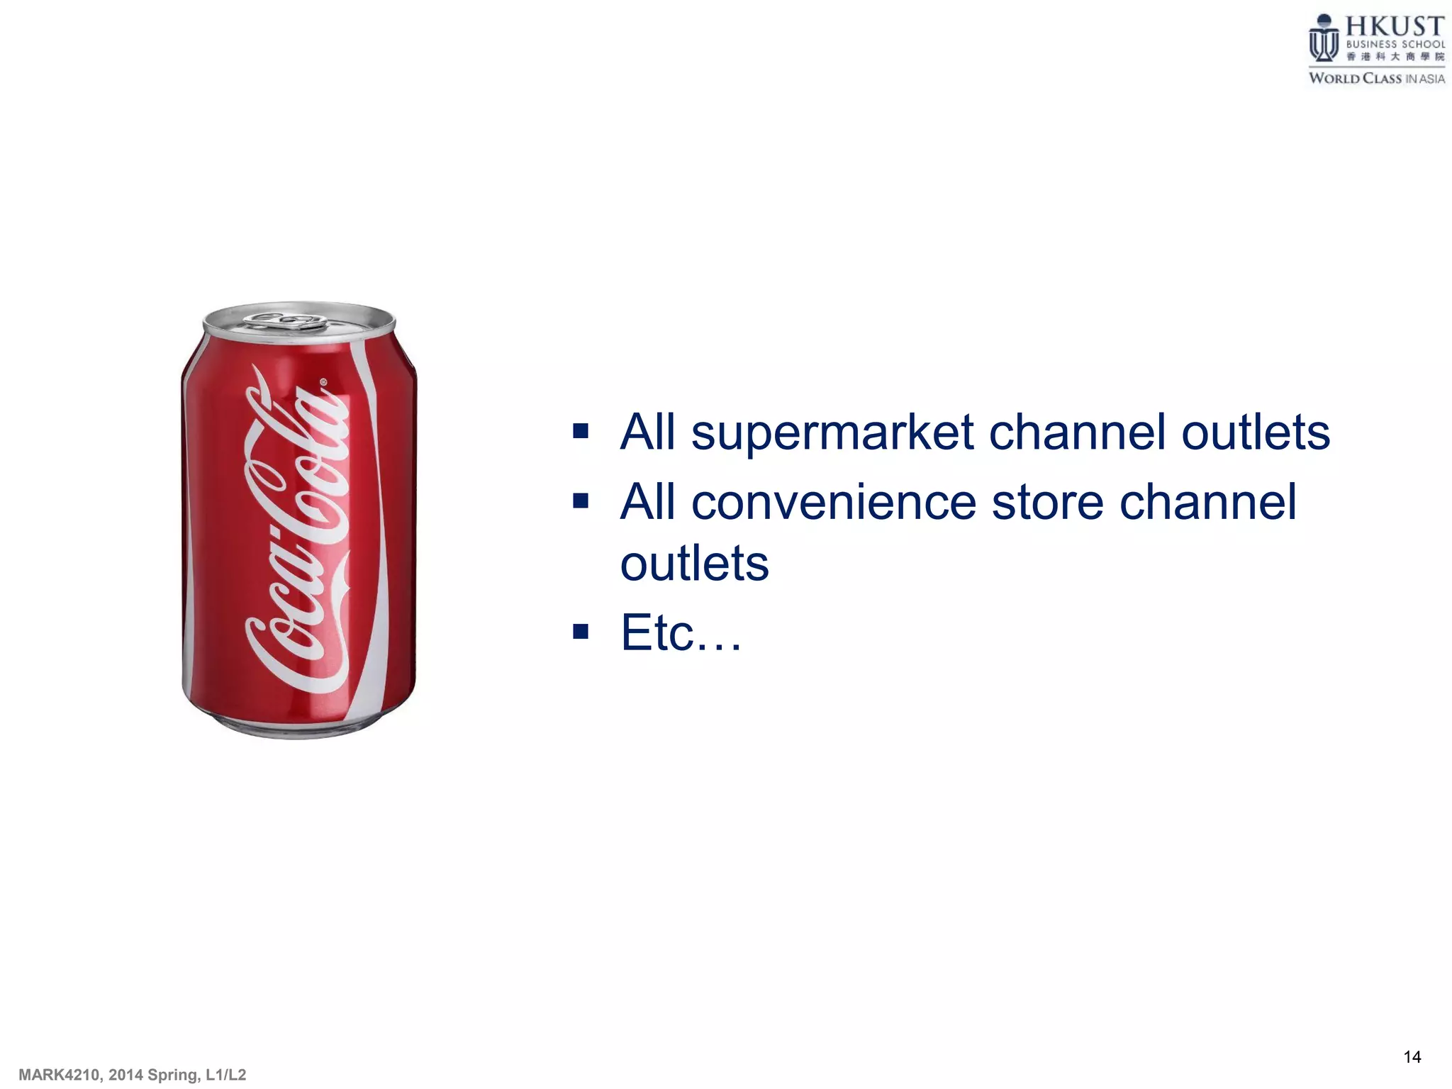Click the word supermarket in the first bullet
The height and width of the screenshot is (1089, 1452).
(832, 433)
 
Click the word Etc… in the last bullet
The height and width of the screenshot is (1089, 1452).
(681, 632)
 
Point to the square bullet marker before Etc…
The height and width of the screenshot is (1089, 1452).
(581, 631)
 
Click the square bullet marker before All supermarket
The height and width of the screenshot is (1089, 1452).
(581, 431)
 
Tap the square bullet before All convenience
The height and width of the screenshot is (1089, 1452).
(581, 501)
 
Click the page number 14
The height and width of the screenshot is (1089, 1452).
(1412, 1057)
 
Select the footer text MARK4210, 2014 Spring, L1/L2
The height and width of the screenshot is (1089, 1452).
(133, 1075)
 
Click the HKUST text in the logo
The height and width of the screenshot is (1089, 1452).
(1395, 27)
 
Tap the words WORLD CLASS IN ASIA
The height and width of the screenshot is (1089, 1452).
(1376, 79)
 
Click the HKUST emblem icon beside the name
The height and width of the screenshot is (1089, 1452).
(1323, 39)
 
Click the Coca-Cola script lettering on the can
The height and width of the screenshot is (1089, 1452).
(298, 539)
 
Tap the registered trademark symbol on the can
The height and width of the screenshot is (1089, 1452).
(324, 382)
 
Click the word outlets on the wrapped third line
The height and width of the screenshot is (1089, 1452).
(694, 564)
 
